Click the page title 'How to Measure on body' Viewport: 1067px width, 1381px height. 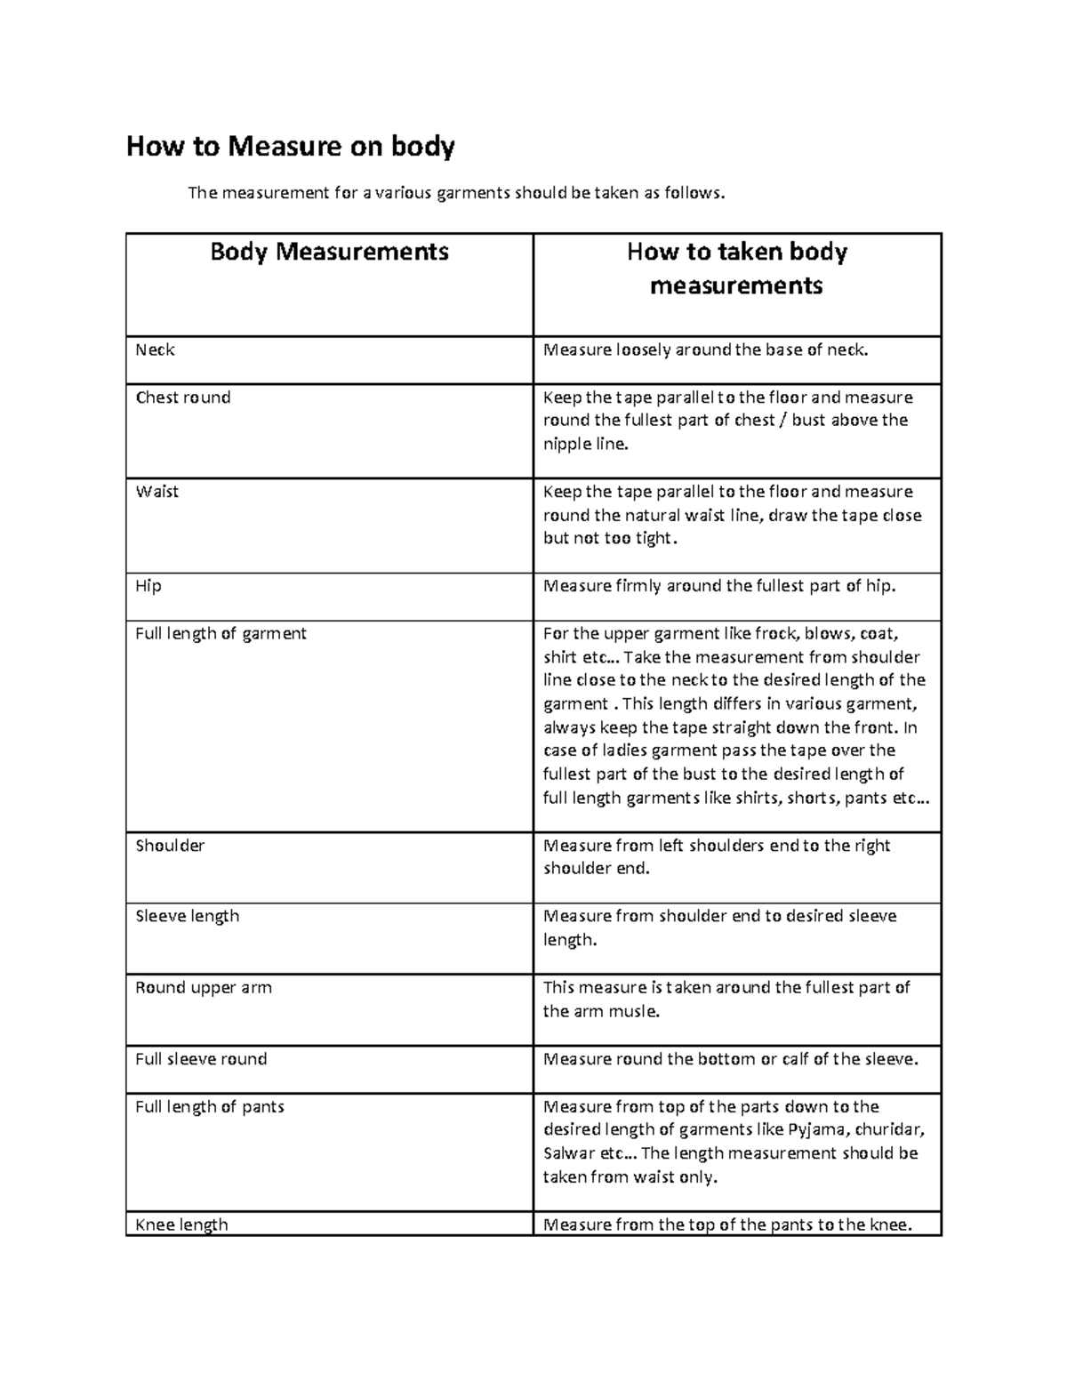[290, 146]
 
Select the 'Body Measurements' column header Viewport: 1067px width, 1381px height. [329, 252]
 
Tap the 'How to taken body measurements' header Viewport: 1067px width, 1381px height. [736, 269]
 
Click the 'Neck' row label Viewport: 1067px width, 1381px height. [155, 350]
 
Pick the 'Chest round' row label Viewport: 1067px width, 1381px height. [182, 397]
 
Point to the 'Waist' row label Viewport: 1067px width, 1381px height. [156, 492]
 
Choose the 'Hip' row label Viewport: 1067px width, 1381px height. [148, 586]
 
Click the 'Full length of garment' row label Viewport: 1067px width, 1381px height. [221, 633]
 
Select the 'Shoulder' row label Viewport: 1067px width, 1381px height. [170, 846]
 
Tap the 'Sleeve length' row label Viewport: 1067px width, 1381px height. [187, 916]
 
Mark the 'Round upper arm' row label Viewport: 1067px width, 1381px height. [204, 987]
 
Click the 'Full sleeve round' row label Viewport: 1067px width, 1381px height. [201, 1059]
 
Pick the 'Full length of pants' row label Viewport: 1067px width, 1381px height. [210, 1107]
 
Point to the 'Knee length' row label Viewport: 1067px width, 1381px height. [181, 1225]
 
